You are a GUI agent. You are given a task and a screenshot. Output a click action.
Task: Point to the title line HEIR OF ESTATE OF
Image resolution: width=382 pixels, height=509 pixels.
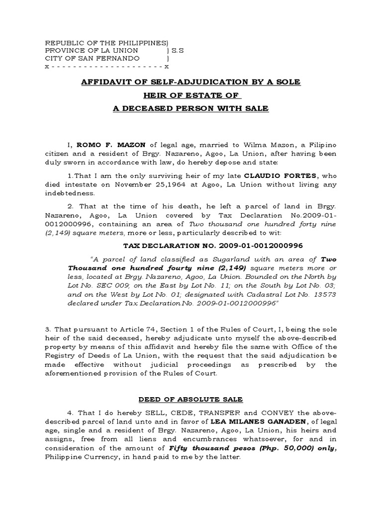(x=191, y=95)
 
